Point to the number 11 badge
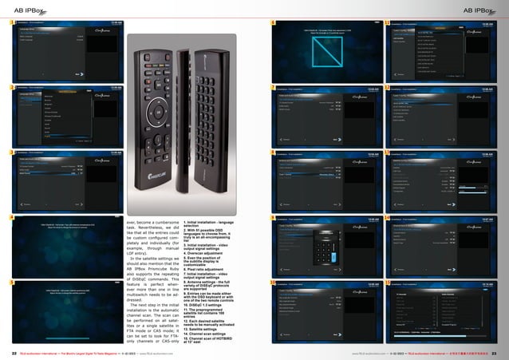point(388,85)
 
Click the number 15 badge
point(388,282)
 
